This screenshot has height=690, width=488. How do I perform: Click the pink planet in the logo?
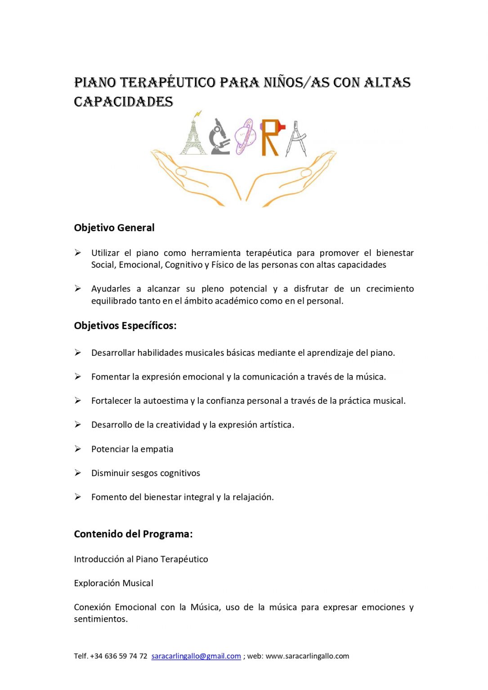click(245, 136)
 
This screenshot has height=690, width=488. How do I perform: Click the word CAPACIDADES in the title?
click(124, 102)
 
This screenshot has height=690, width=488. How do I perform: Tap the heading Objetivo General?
click(114, 228)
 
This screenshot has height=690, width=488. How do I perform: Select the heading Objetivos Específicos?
click(125, 326)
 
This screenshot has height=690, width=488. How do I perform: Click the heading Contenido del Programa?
click(133, 534)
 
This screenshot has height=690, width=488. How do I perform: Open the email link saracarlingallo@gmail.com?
click(196, 656)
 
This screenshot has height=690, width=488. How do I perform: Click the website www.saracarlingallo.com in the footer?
click(307, 656)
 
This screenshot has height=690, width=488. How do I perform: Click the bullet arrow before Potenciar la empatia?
click(78, 449)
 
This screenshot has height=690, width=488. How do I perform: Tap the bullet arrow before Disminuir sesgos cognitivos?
click(78, 473)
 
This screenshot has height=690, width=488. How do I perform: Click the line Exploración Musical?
click(113, 583)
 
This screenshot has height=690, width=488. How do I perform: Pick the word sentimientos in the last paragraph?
click(101, 619)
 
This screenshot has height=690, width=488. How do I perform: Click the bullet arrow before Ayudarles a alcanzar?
click(78, 288)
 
